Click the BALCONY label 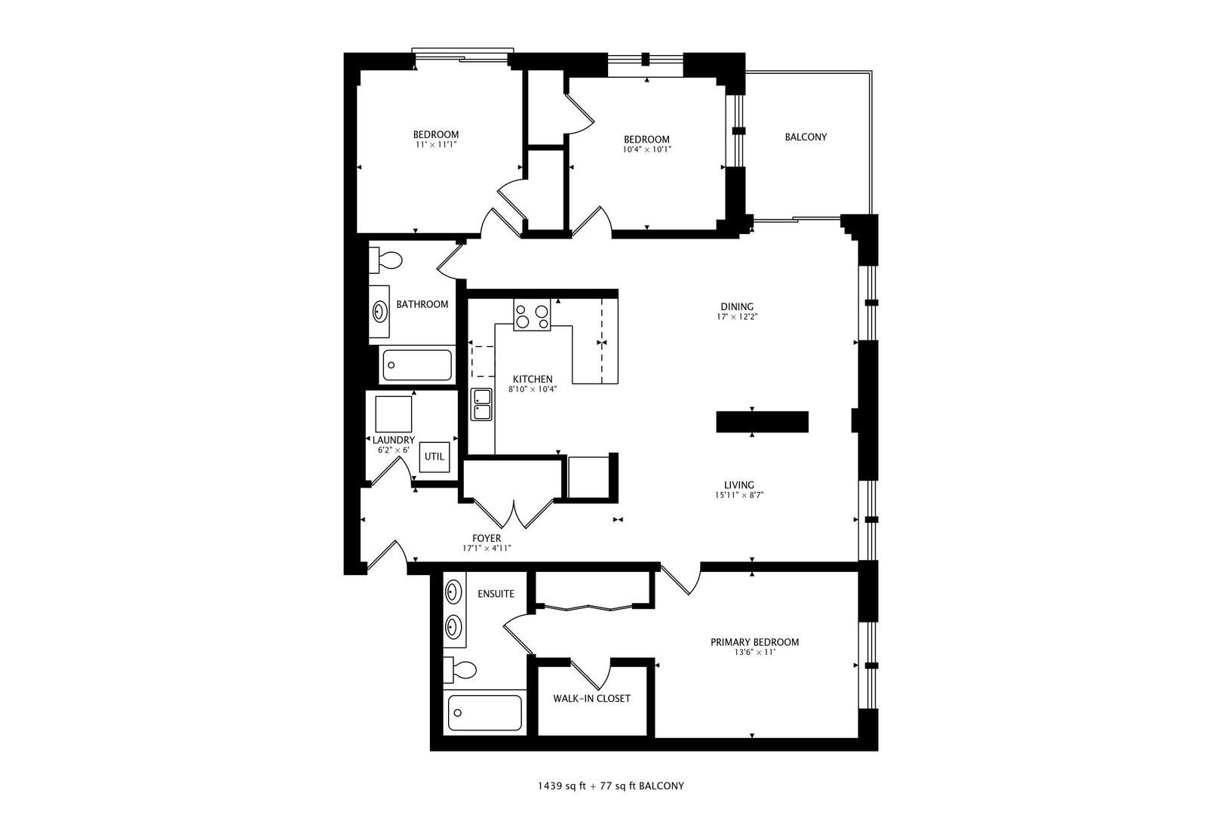coord(806,137)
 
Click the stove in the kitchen coord(532,315)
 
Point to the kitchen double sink coord(481,404)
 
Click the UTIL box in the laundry coord(434,457)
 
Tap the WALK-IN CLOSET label coord(591,699)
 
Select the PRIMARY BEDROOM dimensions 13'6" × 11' coord(754,653)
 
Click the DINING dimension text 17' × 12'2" coord(737,317)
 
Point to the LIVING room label coord(739,485)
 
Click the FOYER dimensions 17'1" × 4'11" coord(487,549)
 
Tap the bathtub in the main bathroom coord(417,366)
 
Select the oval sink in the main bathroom coord(379,311)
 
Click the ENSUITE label coord(496,594)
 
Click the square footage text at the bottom coord(610,786)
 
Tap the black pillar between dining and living coord(762,422)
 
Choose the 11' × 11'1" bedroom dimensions coord(435,144)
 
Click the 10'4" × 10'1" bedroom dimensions coord(646,149)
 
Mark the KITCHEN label coord(533,380)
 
